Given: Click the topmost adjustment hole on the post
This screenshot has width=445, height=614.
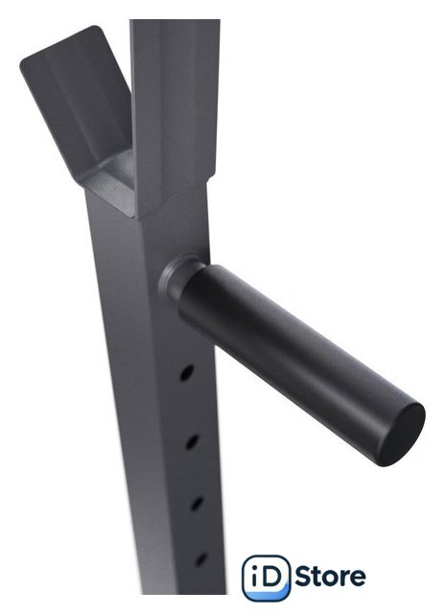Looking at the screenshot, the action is click(x=187, y=373).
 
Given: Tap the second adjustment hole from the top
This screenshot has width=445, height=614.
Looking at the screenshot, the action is click(x=192, y=441).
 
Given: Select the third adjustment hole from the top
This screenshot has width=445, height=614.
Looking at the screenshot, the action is click(x=197, y=504).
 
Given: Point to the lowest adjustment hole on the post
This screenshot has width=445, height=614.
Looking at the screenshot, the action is click(x=200, y=558).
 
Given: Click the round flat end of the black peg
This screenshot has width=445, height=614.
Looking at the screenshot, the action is click(x=402, y=435).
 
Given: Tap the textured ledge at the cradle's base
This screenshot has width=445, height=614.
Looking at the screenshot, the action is click(x=113, y=184).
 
